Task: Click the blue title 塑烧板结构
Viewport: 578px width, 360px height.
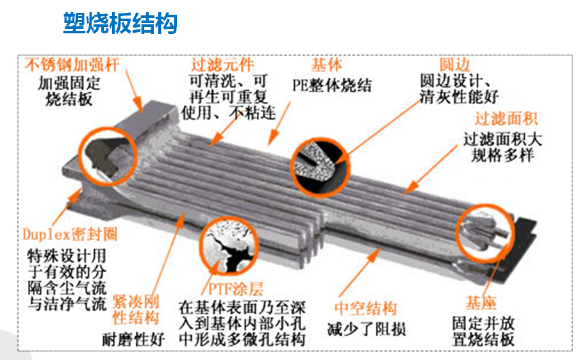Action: (120, 23)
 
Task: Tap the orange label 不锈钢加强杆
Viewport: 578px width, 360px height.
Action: (72, 65)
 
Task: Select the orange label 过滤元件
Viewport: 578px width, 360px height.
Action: (222, 65)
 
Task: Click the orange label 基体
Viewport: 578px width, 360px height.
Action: (326, 65)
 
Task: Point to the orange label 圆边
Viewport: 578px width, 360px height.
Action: (454, 65)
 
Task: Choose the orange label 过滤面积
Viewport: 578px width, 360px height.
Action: (506, 119)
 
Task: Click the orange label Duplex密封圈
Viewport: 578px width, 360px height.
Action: (70, 234)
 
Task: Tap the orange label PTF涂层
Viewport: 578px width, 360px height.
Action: (236, 288)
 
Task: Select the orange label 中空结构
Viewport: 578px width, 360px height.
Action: (366, 309)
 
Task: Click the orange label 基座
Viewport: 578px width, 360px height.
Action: (481, 303)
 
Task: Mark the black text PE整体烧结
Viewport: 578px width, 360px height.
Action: (332, 85)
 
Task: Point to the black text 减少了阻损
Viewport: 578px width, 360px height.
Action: (367, 329)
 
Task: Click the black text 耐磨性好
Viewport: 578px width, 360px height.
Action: (133, 340)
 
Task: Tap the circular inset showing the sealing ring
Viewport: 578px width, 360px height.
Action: (107, 156)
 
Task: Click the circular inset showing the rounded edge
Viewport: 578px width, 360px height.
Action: (320, 167)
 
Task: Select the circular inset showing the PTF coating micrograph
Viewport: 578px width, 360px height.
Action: (229, 246)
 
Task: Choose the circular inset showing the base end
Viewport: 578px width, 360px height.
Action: (485, 233)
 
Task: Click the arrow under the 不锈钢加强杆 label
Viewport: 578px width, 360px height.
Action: (134, 90)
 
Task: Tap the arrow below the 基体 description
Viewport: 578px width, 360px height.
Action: (279, 124)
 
